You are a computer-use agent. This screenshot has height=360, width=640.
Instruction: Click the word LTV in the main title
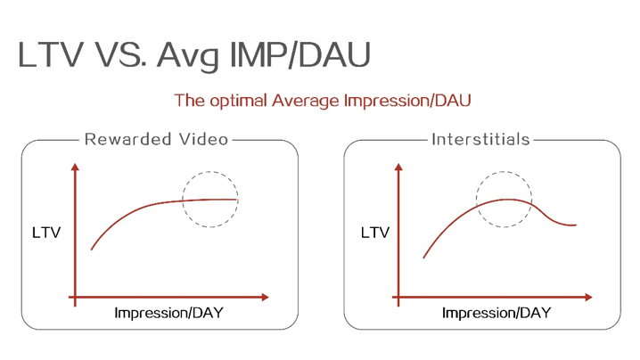pyautogui.click(x=51, y=54)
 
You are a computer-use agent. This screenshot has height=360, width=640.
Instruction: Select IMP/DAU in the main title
pyautogui.click(x=300, y=54)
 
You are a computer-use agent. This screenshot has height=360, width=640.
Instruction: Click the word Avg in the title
pyautogui.click(x=188, y=56)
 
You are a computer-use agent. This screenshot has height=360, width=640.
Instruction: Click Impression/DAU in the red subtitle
pyautogui.click(x=407, y=100)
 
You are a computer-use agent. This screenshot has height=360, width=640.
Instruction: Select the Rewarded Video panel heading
pyautogui.click(x=156, y=140)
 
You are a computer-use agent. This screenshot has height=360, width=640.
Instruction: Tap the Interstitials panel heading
pyautogui.click(x=480, y=140)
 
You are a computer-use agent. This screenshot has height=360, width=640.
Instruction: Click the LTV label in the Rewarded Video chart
pyautogui.click(x=46, y=233)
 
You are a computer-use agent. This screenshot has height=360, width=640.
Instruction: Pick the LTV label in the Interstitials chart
pyautogui.click(x=375, y=233)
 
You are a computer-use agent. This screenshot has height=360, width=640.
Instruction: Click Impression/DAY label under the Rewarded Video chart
pyautogui.click(x=168, y=313)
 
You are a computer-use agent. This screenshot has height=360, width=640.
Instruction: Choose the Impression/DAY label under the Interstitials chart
pyautogui.click(x=496, y=313)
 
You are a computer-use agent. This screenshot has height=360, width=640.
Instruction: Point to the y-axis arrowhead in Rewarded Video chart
pyautogui.click(x=75, y=167)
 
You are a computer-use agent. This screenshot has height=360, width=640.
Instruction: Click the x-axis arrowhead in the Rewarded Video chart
pyautogui.click(x=266, y=297)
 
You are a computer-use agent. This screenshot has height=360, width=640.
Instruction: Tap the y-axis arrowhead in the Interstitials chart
pyautogui.click(x=398, y=167)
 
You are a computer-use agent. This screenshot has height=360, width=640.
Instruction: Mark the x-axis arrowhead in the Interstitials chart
pyautogui.click(x=588, y=297)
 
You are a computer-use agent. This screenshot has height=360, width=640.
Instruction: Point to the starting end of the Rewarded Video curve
pyautogui.click(x=92, y=249)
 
